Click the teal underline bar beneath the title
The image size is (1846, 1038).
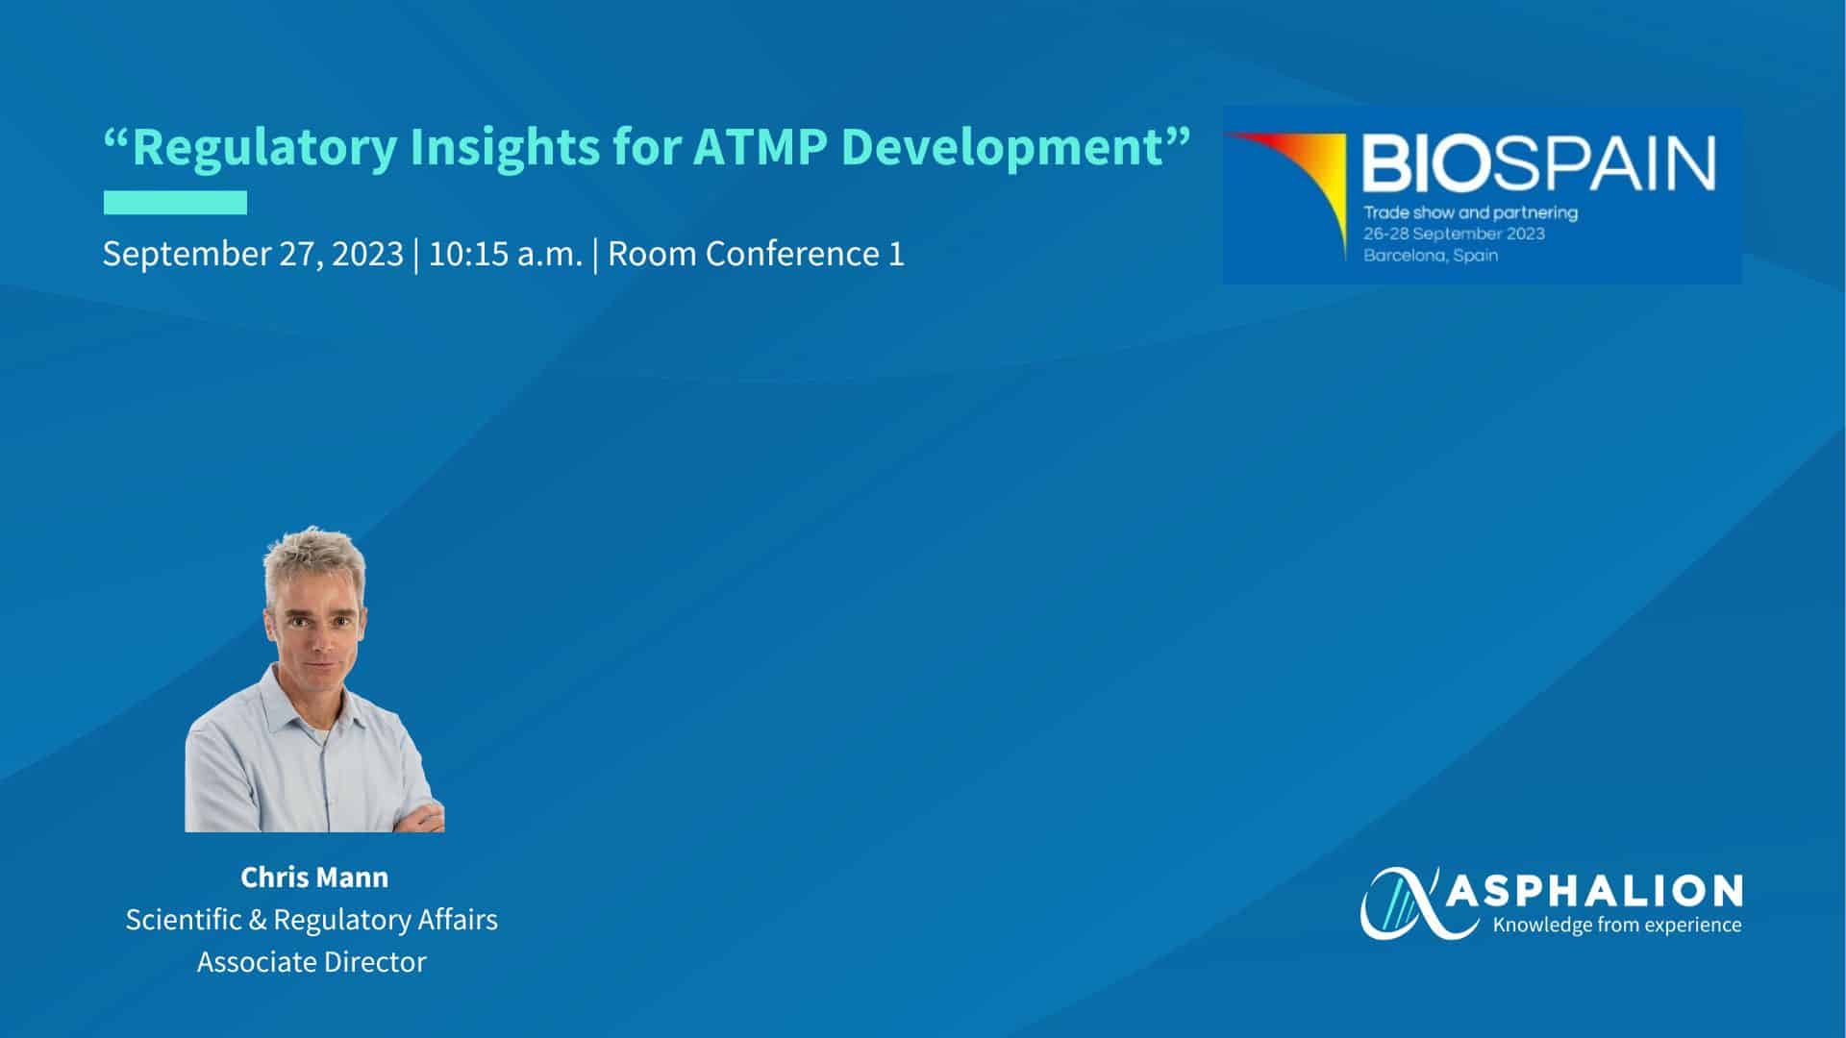pos(175,203)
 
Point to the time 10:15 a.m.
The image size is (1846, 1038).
pos(506,254)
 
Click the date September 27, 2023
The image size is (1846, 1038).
pos(253,255)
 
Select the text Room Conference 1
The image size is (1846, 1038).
pos(757,254)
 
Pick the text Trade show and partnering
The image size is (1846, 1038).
pos(1471,212)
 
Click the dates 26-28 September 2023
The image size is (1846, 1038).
pos(1455,234)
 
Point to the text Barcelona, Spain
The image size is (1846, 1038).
pos(1431,256)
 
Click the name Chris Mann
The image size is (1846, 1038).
pos(314,877)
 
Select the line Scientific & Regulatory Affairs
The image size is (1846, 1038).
pos(312,920)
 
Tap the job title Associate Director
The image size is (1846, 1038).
pos(312,962)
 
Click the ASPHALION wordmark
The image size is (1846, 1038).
pos(1594,891)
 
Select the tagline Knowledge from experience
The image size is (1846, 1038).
pos(1616,926)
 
